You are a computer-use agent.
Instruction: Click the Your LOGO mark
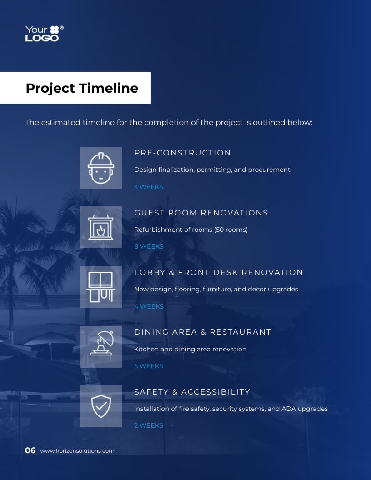pyautogui.click(x=44, y=34)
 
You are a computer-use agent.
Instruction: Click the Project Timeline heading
pyautogui.click(x=82, y=88)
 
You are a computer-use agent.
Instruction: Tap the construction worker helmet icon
pyautogui.click(x=101, y=168)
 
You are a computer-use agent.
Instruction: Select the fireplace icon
pyautogui.click(x=101, y=227)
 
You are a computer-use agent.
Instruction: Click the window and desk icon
pyautogui.click(x=101, y=287)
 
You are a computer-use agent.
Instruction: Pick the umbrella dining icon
pyautogui.click(x=101, y=347)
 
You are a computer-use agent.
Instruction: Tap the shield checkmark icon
pyautogui.click(x=101, y=406)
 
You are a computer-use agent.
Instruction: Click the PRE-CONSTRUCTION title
pyautogui.click(x=182, y=153)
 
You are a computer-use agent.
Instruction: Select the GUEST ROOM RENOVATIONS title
pyautogui.click(x=201, y=213)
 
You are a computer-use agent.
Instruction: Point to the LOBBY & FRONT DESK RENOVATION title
pyautogui.click(x=218, y=272)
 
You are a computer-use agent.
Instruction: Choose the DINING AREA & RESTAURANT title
pyautogui.click(x=202, y=332)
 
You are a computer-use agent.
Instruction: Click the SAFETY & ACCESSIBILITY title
pyautogui.click(x=192, y=392)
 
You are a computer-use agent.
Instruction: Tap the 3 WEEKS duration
pyautogui.click(x=149, y=187)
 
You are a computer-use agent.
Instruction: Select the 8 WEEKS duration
pyautogui.click(x=149, y=246)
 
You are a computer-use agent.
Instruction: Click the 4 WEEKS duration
pyautogui.click(x=149, y=306)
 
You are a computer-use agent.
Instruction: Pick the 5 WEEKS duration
pyautogui.click(x=149, y=366)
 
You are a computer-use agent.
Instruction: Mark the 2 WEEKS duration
pyautogui.click(x=149, y=425)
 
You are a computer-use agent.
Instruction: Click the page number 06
pyautogui.click(x=30, y=450)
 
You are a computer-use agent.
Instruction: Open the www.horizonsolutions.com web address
pyautogui.click(x=77, y=451)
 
